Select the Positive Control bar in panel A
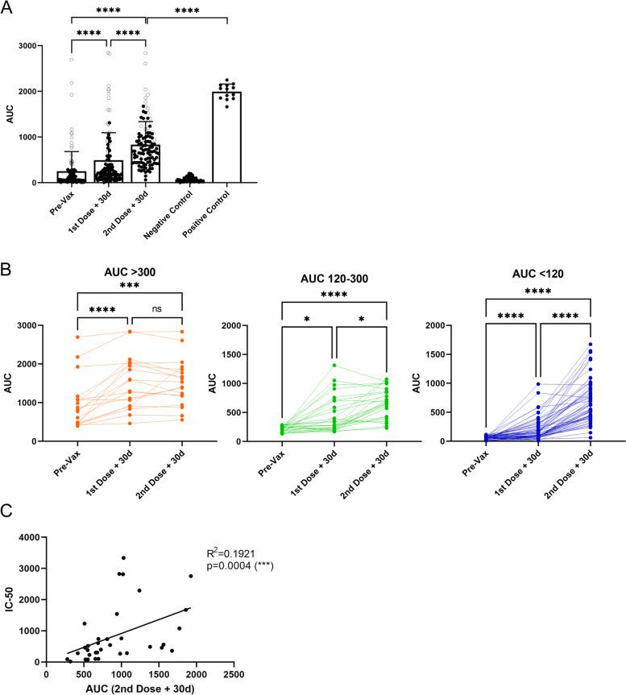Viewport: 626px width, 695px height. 227,137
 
